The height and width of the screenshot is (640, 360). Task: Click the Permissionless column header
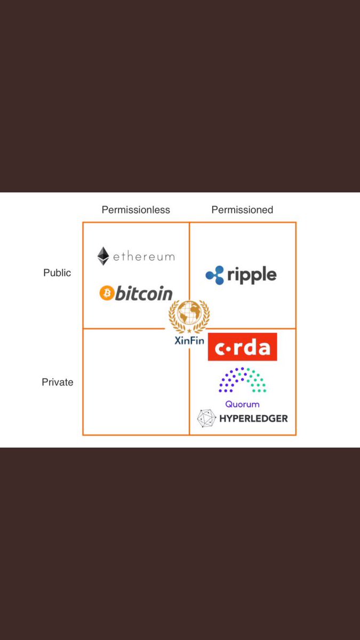pos(135,210)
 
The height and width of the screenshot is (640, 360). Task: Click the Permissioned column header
pos(242,210)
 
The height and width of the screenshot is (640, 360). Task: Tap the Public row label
pos(57,273)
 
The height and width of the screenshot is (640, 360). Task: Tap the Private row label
pos(58,382)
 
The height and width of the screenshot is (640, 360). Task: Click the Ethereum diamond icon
pos(103,256)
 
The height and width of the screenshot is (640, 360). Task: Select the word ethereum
pos(143,257)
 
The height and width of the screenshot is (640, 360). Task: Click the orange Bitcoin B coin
pos(107,293)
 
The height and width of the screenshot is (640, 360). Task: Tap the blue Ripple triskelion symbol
pos(215,275)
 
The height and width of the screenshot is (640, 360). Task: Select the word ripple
pos(252,275)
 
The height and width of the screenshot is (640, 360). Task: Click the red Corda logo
pos(242,347)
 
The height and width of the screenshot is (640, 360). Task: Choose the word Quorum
pos(242,404)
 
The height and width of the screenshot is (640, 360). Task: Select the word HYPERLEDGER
pos(253,418)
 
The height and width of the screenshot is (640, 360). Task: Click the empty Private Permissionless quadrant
pos(135,382)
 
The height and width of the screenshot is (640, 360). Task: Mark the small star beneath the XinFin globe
pos(189,331)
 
